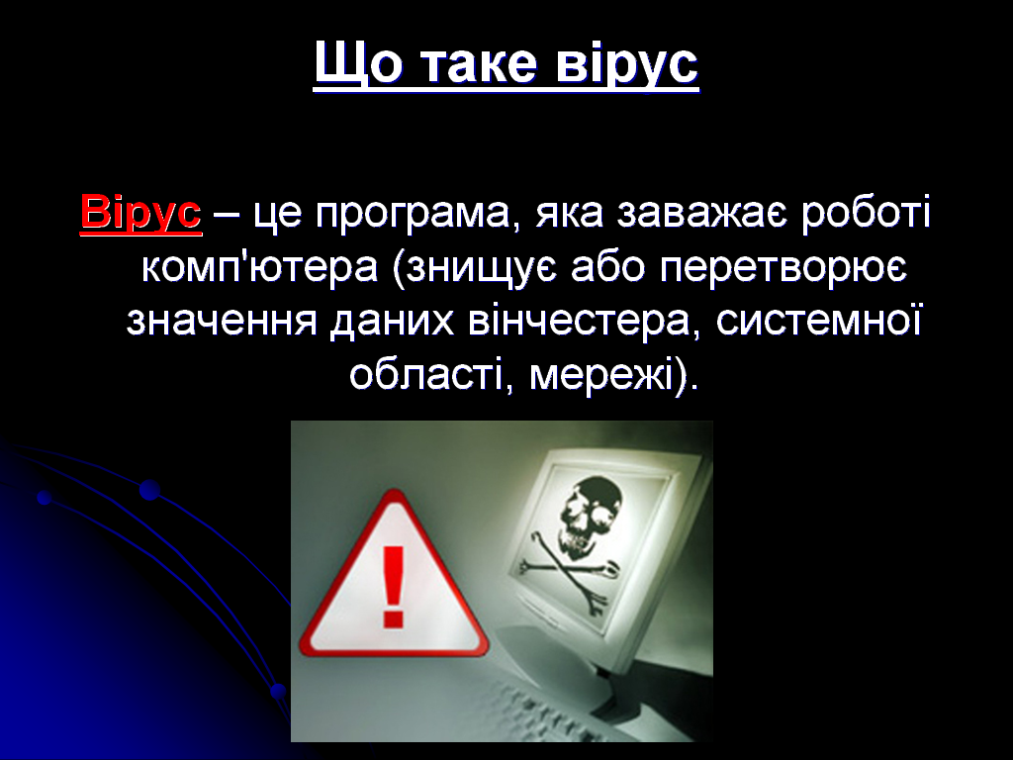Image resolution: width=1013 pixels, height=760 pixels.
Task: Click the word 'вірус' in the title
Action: tap(627, 64)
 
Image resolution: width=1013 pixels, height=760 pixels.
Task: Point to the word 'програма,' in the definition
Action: tap(414, 215)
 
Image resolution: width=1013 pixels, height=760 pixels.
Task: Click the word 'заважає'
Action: tap(702, 214)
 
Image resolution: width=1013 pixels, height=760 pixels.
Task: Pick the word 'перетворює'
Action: tap(783, 268)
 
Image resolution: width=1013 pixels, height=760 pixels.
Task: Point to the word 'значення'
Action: tap(222, 322)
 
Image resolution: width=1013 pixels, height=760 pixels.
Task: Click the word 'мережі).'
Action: tap(614, 375)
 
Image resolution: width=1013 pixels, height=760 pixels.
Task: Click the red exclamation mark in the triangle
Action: tap(393, 586)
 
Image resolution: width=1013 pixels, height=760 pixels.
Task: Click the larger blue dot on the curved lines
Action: tap(150, 491)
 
